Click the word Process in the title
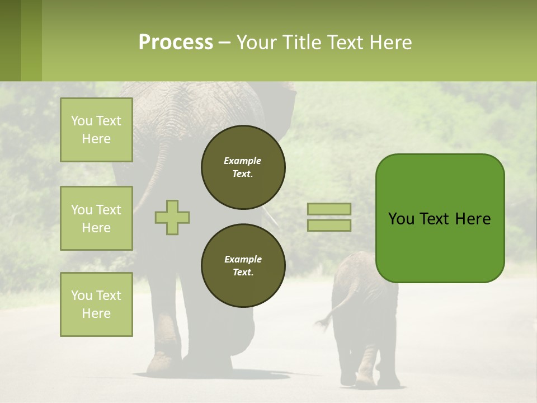coord(176,43)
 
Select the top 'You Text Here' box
coord(96,130)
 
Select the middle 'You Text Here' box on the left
coord(96,218)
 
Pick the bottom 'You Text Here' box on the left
coord(96,304)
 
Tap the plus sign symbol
coord(172,217)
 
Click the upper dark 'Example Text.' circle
coord(243,167)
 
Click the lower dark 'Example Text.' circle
coord(243,266)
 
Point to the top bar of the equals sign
coord(329,209)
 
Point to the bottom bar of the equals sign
coord(329,225)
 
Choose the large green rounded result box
coord(440,246)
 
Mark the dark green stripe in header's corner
coord(10,40)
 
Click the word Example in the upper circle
coord(243,161)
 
